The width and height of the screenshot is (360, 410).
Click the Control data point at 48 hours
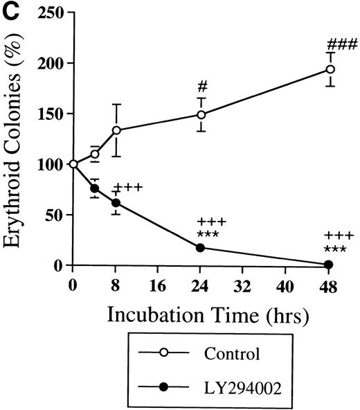330,69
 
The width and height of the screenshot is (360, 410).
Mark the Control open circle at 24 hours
201,115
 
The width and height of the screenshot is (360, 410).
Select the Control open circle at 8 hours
116,130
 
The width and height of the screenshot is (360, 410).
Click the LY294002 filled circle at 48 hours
329,265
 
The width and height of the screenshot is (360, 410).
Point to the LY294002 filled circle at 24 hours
201,247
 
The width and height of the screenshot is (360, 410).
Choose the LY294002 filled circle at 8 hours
116,203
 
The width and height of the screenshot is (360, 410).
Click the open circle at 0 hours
73,164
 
